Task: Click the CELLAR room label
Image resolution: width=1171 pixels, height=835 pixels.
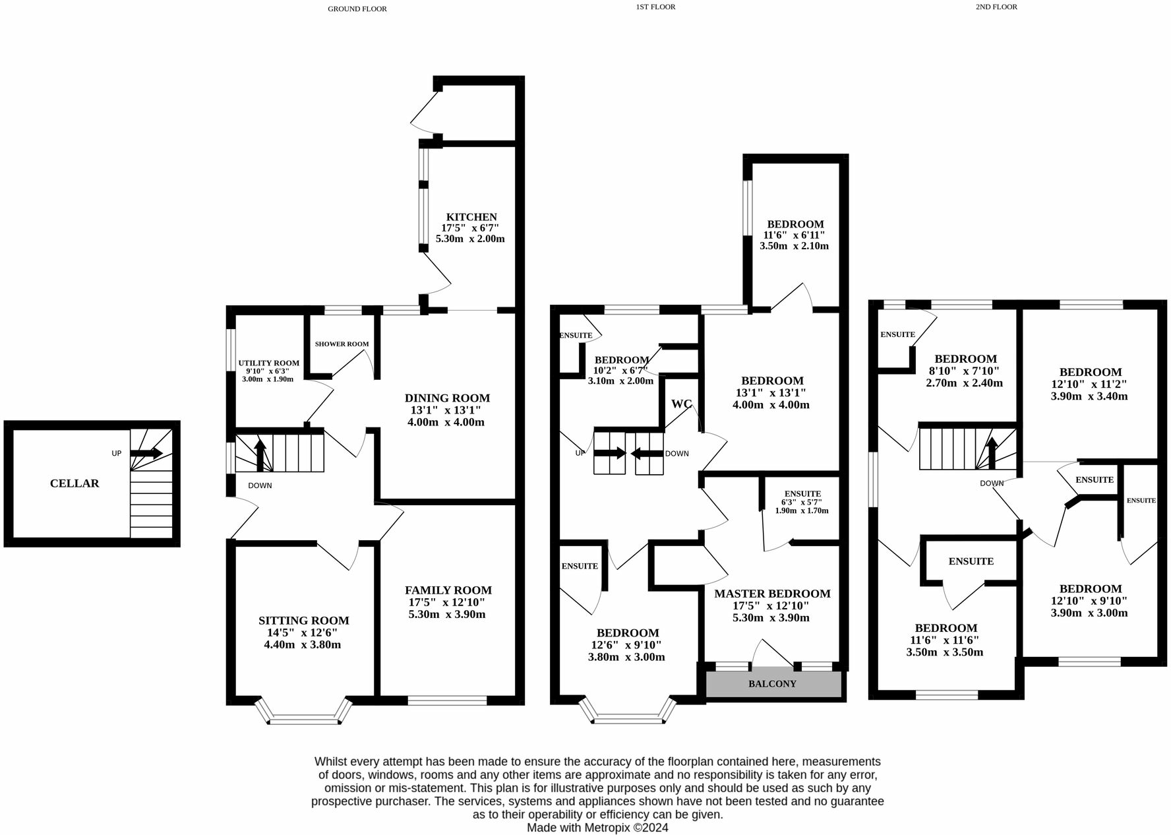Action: (75, 483)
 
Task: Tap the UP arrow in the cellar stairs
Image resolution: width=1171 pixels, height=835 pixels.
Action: (146, 453)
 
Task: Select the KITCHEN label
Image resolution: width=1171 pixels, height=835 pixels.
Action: (471, 217)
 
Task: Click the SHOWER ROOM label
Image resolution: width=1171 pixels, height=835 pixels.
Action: (342, 344)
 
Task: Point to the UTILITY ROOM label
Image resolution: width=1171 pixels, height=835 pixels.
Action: (268, 363)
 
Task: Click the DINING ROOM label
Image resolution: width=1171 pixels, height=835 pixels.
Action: (447, 398)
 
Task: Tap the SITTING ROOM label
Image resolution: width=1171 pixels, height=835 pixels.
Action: (303, 621)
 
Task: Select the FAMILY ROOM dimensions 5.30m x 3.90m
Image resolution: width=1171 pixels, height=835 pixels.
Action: (447, 614)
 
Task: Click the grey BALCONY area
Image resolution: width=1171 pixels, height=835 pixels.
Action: (773, 684)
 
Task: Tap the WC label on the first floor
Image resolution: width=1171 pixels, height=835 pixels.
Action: (681, 404)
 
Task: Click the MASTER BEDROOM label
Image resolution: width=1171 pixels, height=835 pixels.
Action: (772, 594)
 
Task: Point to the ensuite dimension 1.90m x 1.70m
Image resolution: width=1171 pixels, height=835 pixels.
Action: (802, 510)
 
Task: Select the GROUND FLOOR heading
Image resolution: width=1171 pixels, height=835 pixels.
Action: (357, 9)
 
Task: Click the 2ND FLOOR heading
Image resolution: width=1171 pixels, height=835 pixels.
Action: (996, 7)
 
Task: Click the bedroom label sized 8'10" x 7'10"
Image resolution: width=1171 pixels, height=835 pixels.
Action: (965, 359)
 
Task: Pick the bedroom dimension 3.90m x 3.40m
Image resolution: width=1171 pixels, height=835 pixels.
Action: (1089, 396)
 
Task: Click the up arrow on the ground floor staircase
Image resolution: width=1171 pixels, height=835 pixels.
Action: (260, 454)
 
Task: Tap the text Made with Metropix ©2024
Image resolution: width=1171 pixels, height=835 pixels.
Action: (597, 827)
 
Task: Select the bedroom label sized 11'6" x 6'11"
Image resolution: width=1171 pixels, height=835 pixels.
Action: (795, 224)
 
